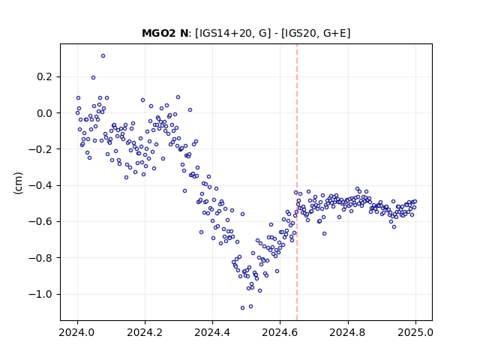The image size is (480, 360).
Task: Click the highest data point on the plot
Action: [x=103, y=56]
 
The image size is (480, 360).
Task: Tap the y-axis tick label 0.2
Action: [x=44, y=76]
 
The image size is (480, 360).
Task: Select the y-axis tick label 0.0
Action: [x=44, y=113]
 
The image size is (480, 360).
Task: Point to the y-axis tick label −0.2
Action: [x=40, y=149]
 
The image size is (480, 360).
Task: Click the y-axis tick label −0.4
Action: [x=40, y=185]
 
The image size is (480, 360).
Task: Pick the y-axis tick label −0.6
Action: [x=40, y=222]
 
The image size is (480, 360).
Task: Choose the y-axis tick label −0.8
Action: [x=40, y=258]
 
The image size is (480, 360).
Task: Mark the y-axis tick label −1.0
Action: [x=40, y=294]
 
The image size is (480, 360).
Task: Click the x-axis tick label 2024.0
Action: [x=77, y=332]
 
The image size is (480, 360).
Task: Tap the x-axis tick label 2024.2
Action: [x=145, y=332]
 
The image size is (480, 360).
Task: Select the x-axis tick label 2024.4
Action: [x=212, y=332]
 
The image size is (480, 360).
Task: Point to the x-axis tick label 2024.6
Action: [x=280, y=332]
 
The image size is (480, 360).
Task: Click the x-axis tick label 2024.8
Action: [x=348, y=332]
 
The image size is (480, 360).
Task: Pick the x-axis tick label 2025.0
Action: [x=415, y=332]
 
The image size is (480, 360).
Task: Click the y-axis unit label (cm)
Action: [x=18, y=183]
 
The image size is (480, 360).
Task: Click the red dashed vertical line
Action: [x=297, y=182]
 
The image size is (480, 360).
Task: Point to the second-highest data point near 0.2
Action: [x=93, y=78]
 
